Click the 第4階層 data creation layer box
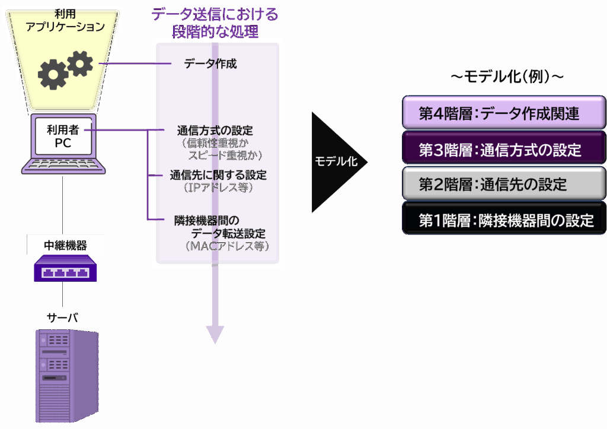tap(504, 113)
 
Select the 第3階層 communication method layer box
tap(504, 149)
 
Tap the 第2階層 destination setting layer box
tap(504, 184)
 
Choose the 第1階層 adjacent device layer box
tap(504, 220)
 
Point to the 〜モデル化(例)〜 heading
tap(507, 77)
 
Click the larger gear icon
tap(53, 74)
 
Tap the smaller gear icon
tap(81, 62)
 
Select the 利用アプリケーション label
tap(65, 20)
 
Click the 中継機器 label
tap(65, 244)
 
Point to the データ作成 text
tap(210, 63)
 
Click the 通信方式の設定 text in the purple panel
tap(215, 130)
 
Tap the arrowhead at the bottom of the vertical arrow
tap(215, 335)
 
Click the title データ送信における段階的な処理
tap(215, 23)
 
